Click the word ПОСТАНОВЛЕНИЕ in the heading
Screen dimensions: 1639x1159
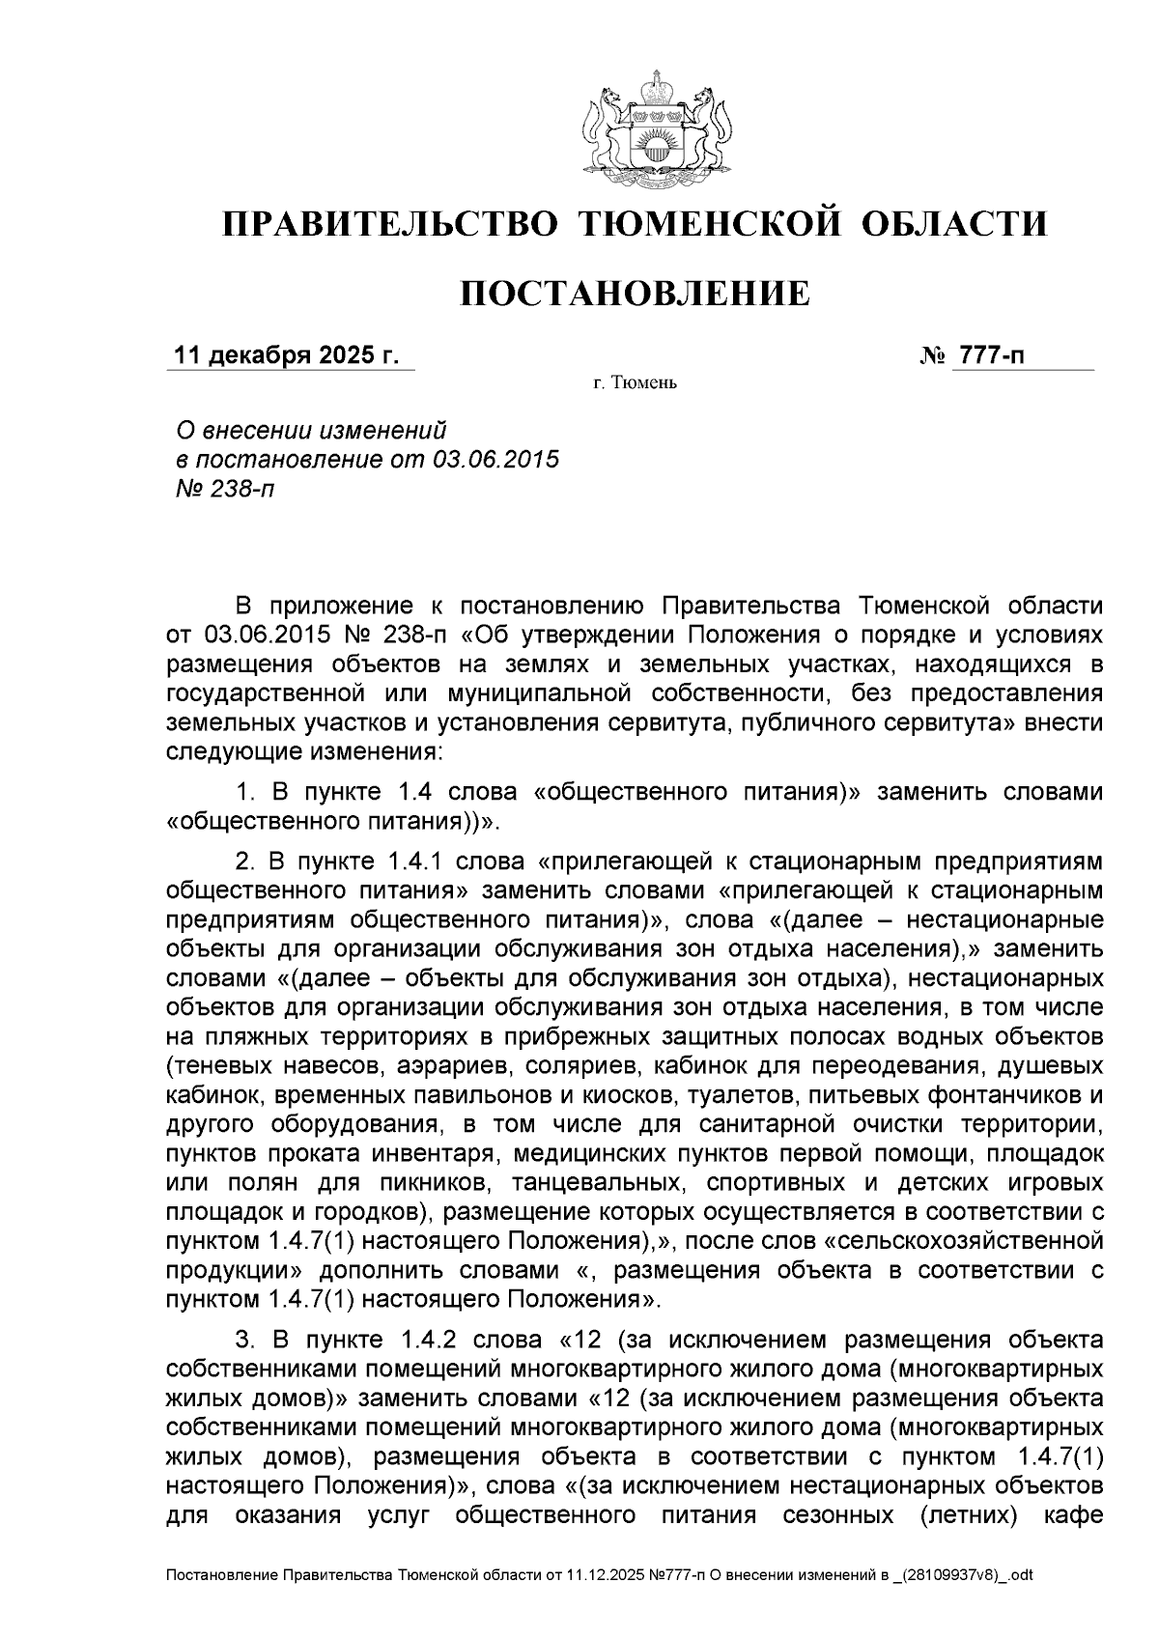[x=634, y=293]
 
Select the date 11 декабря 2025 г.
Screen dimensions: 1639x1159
[x=285, y=356]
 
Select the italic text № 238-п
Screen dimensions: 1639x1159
[x=222, y=489]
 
